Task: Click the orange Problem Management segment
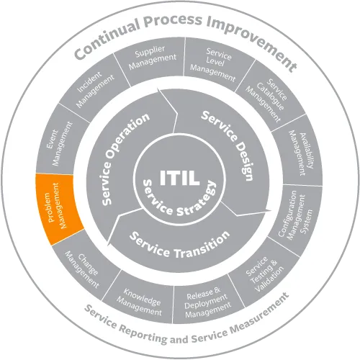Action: pyautogui.click(x=59, y=207)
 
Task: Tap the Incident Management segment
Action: pyautogui.click(x=95, y=89)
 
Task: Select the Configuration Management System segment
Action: pyautogui.click(x=297, y=217)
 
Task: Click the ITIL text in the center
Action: pyautogui.click(x=180, y=178)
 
